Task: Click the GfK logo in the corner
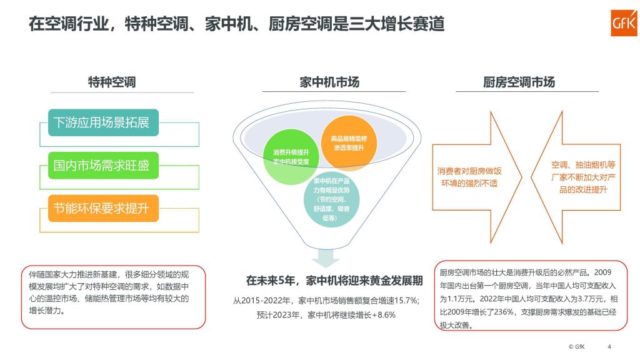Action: click(624, 23)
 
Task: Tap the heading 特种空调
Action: click(112, 82)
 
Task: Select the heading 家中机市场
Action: click(329, 82)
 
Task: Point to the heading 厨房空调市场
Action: click(519, 82)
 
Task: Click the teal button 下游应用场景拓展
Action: click(103, 122)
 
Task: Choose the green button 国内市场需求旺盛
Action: click(103, 165)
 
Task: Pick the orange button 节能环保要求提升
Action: click(103, 208)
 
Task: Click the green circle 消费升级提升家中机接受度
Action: click(291, 157)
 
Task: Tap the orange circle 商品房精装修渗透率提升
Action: click(349, 143)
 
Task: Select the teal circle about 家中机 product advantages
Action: click(331, 199)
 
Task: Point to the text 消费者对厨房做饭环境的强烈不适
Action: click(469, 177)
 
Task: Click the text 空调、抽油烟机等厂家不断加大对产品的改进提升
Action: click(583, 177)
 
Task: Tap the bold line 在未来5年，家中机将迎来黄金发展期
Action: click(334, 281)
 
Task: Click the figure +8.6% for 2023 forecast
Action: click(384, 315)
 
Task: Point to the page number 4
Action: click(609, 347)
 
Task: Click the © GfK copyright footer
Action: click(577, 347)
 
